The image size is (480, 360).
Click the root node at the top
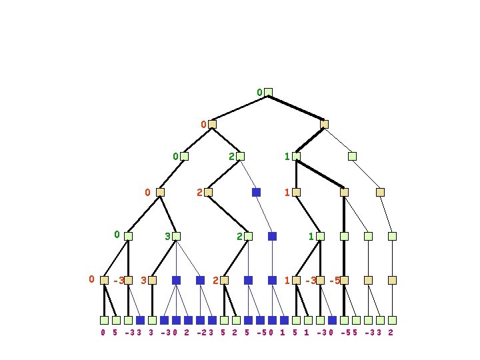268,92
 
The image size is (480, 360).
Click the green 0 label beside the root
259,92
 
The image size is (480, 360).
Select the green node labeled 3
176,236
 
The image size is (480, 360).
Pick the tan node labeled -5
344,280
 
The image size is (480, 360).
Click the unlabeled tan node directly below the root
324,124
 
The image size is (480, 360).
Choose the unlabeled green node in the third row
352,156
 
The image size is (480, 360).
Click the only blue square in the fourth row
256,192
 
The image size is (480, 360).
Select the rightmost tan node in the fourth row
380,192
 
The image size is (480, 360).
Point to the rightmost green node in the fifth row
392,236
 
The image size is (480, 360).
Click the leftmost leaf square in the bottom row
104,320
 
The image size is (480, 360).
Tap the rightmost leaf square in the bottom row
392,320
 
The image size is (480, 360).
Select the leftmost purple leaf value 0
103,332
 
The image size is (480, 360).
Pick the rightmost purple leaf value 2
391,332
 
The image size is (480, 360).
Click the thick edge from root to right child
296,108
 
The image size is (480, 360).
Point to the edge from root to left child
240,108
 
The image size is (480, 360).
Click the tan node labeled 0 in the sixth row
104,280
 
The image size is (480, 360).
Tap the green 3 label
167,236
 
